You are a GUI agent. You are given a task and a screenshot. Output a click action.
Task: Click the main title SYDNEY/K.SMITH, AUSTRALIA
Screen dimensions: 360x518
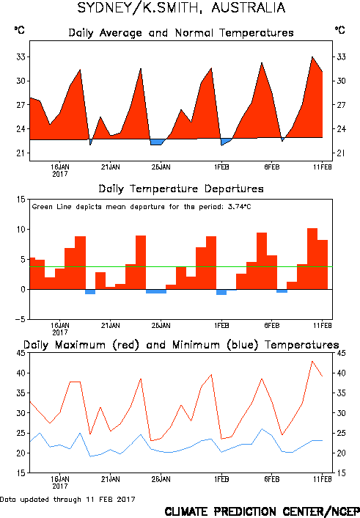[x=181, y=7]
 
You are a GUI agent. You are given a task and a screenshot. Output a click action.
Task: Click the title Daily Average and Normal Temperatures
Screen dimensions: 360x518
[x=181, y=33]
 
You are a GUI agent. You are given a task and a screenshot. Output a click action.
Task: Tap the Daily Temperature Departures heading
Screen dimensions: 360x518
[x=181, y=189]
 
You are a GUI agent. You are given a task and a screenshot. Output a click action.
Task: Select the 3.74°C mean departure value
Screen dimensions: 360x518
[x=240, y=207]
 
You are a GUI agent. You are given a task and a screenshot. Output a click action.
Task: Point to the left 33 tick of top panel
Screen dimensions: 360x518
[x=21, y=56]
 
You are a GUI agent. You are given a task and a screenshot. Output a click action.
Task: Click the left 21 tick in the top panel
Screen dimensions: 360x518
[x=21, y=153]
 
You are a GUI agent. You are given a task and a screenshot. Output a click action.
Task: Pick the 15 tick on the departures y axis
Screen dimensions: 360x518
[x=21, y=200]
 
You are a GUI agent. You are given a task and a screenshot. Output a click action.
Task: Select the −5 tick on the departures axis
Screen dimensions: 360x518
[x=20, y=319]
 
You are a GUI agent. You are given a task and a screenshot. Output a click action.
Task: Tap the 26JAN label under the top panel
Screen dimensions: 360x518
[x=161, y=167]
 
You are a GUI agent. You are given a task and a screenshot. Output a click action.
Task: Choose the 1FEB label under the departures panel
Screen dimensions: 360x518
[x=221, y=326]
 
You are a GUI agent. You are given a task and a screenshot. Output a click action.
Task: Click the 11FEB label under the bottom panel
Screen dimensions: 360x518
[x=323, y=479]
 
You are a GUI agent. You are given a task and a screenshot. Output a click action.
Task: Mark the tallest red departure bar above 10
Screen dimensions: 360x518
[x=312, y=259]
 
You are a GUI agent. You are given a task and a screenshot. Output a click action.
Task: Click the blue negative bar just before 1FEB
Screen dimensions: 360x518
[x=221, y=292]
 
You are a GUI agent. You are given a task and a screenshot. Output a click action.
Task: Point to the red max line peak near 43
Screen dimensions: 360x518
[x=312, y=362]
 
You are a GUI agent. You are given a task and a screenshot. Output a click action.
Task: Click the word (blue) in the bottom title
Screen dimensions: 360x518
[x=242, y=345]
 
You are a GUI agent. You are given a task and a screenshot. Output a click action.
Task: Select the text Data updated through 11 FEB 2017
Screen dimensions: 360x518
[x=67, y=499]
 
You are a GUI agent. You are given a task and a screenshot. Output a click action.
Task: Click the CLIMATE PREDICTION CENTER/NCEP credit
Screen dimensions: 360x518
[x=262, y=511]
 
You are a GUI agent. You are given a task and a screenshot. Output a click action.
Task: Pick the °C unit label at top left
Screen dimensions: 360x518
[x=20, y=30]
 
